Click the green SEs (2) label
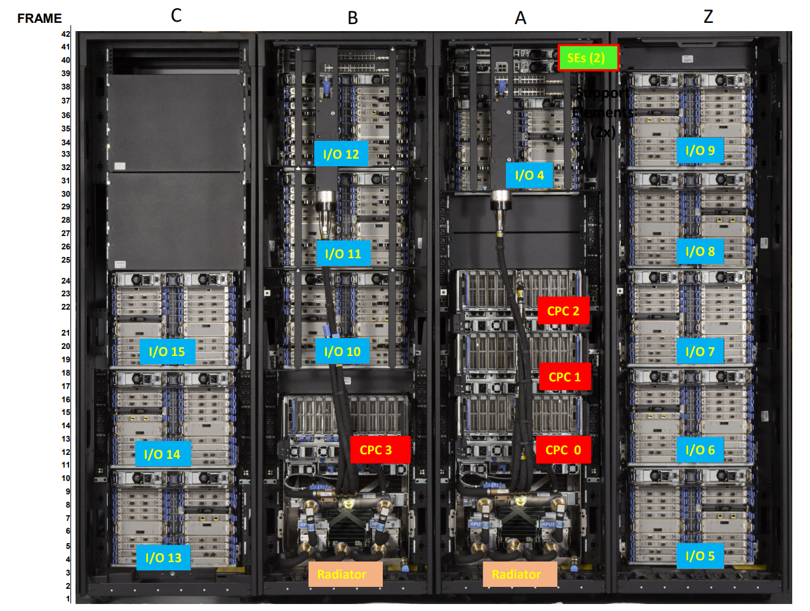click(x=588, y=58)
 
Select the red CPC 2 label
click(x=563, y=311)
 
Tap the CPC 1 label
click(x=564, y=377)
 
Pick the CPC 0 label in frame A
click(x=563, y=450)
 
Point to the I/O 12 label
click(x=341, y=154)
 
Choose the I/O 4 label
click(x=529, y=175)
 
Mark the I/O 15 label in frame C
click(x=167, y=351)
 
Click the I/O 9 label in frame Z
click(x=700, y=150)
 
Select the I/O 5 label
click(x=700, y=556)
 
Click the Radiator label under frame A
click(x=517, y=574)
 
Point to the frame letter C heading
click(x=176, y=15)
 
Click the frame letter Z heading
click(x=708, y=16)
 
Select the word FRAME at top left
click(x=39, y=18)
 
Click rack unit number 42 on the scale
click(x=66, y=34)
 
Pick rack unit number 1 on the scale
click(x=68, y=598)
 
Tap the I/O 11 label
click(x=343, y=254)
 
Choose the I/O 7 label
click(x=700, y=351)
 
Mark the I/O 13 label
click(x=163, y=558)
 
